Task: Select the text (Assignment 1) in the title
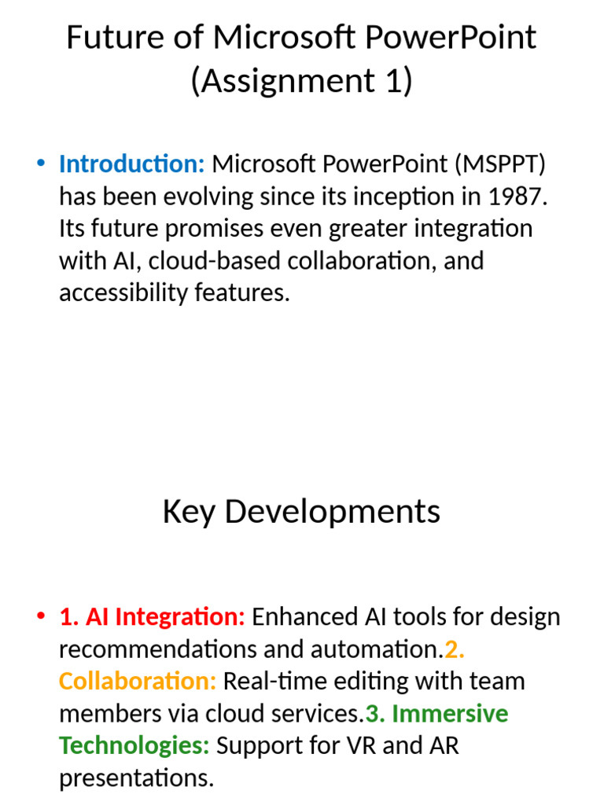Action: [x=301, y=80]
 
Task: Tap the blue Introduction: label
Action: [x=131, y=164]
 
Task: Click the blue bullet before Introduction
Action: [x=41, y=164]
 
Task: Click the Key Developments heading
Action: [x=301, y=512]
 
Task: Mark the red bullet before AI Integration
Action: [x=41, y=617]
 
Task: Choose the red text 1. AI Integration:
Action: [x=153, y=617]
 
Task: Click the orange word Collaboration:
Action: [x=137, y=682]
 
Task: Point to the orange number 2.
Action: [x=455, y=649]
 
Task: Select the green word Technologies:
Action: [x=134, y=745]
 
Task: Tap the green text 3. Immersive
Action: [x=437, y=714]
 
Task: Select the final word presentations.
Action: [x=136, y=778]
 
